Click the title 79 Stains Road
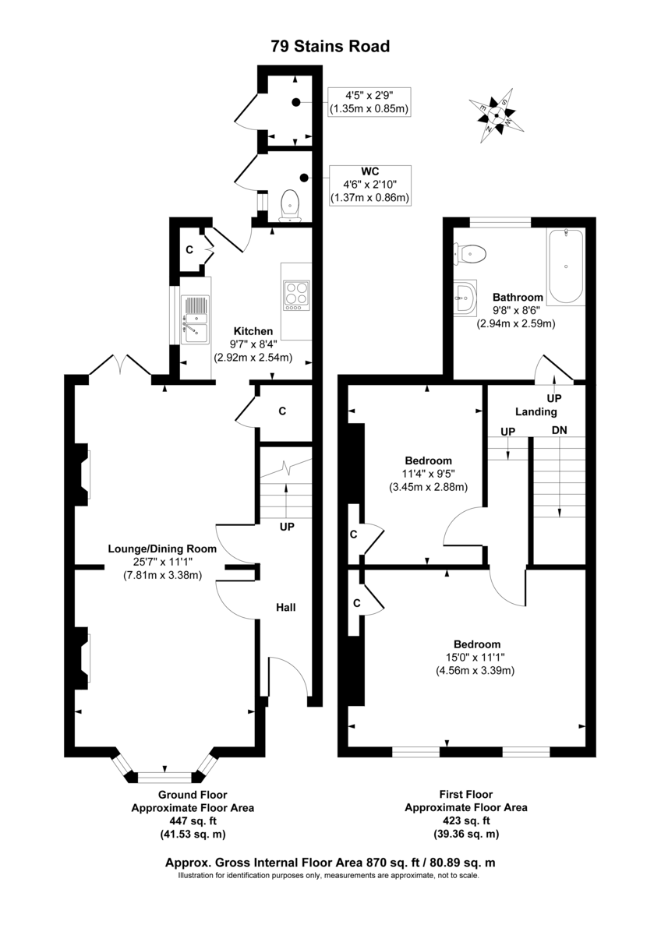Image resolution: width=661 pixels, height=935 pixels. pyautogui.click(x=330, y=47)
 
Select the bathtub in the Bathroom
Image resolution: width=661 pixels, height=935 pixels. pyautogui.click(x=565, y=267)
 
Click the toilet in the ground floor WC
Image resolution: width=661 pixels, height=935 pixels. pyautogui.click(x=290, y=203)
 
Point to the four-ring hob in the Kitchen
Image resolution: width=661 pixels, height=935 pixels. pyautogui.click(x=296, y=295)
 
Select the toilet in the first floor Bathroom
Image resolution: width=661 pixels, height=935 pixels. pyautogui.click(x=472, y=253)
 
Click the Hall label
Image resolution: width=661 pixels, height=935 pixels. pyautogui.click(x=286, y=607)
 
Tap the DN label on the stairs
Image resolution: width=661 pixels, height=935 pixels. pyautogui.click(x=559, y=430)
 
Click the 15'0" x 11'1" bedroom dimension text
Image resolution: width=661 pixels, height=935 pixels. pyautogui.click(x=477, y=657)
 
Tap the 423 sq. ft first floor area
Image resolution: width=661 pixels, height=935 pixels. pyautogui.click(x=465, y=820)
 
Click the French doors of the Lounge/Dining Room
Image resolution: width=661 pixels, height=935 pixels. pyautogui.click(x=119, y=367)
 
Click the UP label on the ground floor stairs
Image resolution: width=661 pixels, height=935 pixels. pyautogui.click(x=286, y=527)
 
